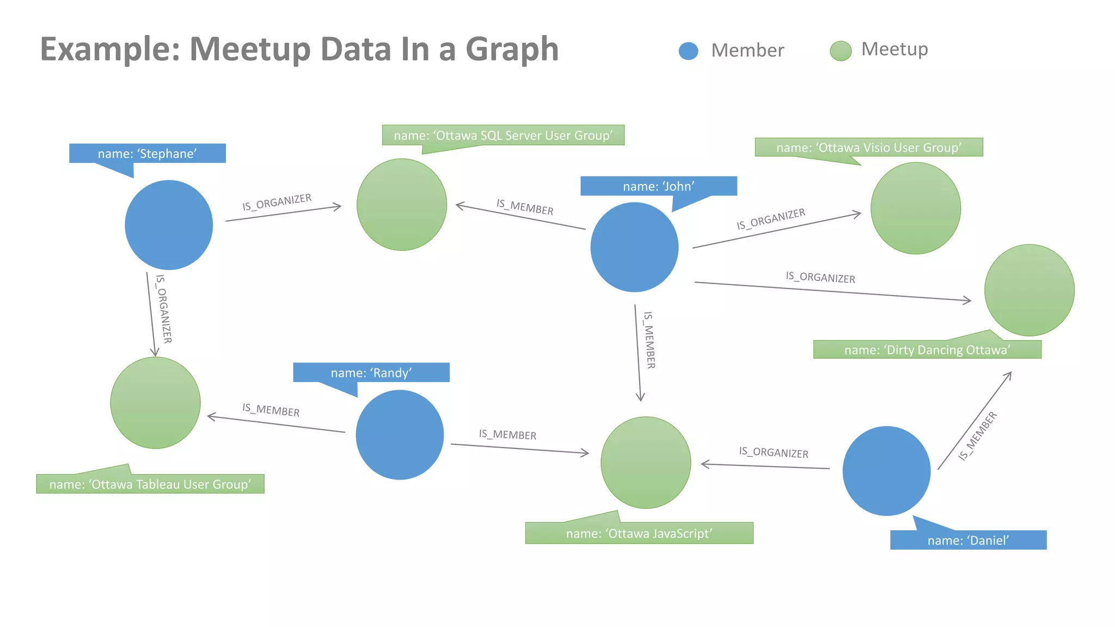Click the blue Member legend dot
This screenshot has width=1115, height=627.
click(x=688, y=51)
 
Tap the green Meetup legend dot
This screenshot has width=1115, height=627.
click(x=840, y=51)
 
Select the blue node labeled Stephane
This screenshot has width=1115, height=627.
click(x=169, y=225)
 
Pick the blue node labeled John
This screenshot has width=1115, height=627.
click(x=634, y=247)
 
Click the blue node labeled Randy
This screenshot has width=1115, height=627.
click(x=400, y=434)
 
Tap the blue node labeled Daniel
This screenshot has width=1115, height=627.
click(x=886, y=471)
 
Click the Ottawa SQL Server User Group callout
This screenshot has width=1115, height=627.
click(x=503, y=136)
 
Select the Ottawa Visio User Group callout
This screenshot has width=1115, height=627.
click(x=868, y=147)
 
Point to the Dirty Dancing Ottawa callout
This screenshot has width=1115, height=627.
click(x=927, y=349)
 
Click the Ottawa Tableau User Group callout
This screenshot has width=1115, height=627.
click(x=150, y=484)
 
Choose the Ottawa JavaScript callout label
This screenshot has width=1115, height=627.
click(x=639, y=533)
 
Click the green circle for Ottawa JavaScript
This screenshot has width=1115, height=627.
click(x=646, y=463)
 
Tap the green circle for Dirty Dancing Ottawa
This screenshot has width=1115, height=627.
click(x=1029, y=290)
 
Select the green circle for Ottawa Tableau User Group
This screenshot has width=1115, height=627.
click(x=155, y=403)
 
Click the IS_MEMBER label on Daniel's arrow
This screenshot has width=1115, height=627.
click(x=978, y=436)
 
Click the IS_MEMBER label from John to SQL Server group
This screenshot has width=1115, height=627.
click(x=525, y=207)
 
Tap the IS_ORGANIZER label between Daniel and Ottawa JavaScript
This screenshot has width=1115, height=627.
click(x=773, y=452)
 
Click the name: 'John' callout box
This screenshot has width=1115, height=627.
click(x=658, y=186)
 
